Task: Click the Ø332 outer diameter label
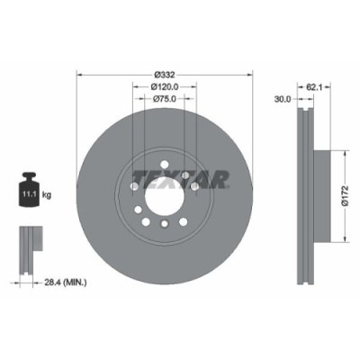coord(163,74)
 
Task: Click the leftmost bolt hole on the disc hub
coord(134,186)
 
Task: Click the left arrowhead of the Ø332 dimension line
coord(80,74)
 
